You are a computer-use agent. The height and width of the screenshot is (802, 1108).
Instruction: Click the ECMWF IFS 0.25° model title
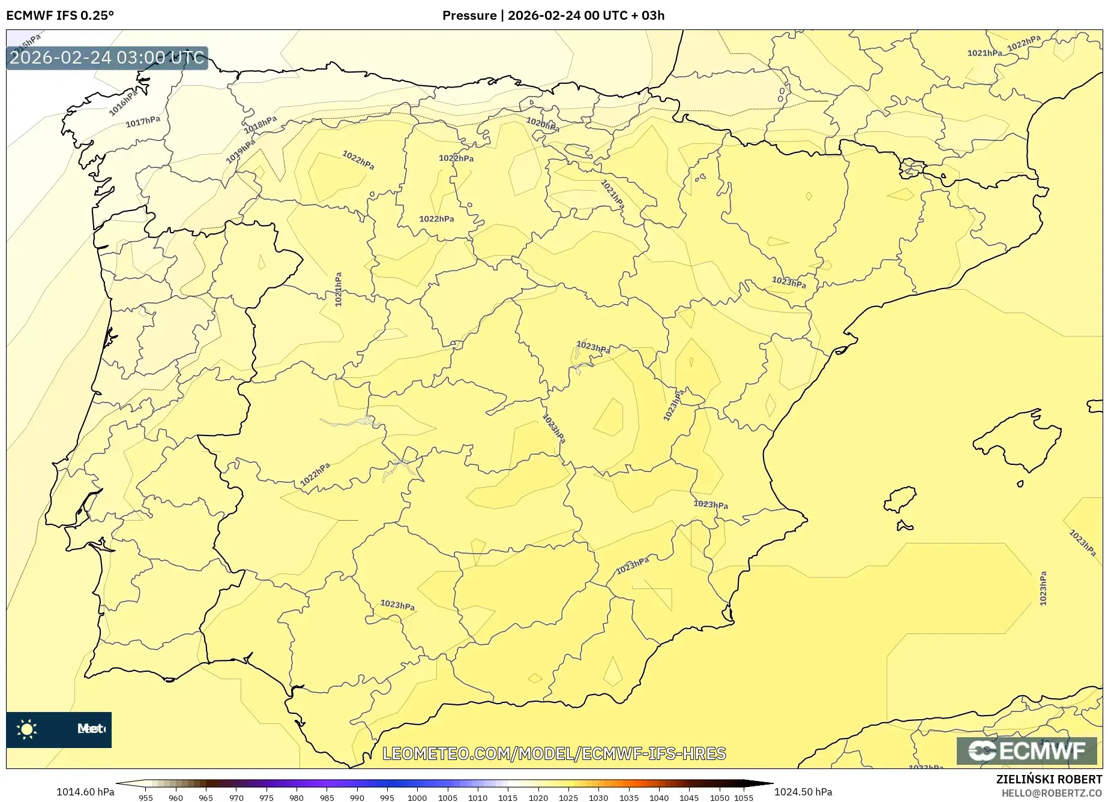(60, 16)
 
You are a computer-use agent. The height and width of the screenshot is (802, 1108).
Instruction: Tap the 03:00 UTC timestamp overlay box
(107, 58)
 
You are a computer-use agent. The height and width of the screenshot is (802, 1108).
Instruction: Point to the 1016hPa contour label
(124, 102)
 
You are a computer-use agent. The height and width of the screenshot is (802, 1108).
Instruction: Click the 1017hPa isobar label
(143, 122)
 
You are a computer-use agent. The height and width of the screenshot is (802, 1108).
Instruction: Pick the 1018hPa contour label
(260, 125)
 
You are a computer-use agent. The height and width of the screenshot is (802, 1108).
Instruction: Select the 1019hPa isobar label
(241, 151)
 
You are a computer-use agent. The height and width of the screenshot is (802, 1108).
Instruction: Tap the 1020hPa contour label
(543, 125)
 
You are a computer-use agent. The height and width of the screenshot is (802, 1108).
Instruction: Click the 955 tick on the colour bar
(146, 797)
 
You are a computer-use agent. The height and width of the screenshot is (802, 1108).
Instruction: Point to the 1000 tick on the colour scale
(417, 797)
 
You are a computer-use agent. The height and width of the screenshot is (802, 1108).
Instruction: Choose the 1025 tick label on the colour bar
(568, 797)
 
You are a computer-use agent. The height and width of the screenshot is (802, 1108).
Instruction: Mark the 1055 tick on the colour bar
(744, 797)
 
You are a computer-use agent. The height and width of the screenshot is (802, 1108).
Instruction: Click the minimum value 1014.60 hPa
(85, 792)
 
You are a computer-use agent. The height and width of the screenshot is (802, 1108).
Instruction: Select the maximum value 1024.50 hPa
(803, 792)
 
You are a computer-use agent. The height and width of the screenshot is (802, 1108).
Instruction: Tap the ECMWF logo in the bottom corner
(1026, 750)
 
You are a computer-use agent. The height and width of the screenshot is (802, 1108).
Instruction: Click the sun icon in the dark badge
(27, 729)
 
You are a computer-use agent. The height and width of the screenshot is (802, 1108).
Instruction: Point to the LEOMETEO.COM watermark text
(554, 753)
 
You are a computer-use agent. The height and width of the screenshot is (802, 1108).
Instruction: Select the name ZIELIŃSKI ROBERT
(1049, 779)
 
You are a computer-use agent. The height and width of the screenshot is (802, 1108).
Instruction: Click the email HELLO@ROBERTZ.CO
(1051, 793)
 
